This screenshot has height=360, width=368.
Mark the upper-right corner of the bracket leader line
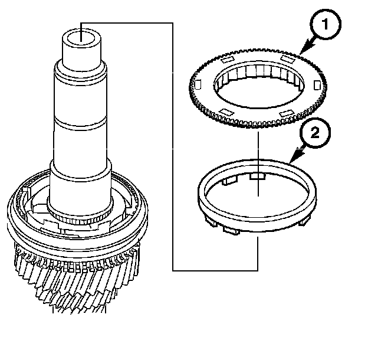pos(172,24)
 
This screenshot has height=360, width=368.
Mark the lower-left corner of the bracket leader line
pos(173,270)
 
